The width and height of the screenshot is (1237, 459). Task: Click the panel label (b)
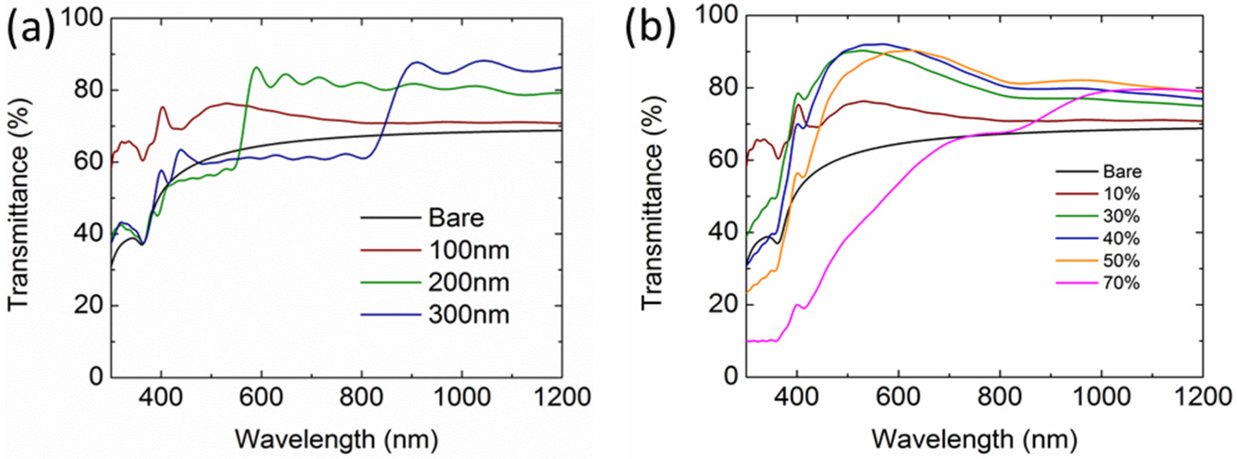coord(650,30)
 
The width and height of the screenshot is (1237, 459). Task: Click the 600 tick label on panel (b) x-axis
coord(898,397)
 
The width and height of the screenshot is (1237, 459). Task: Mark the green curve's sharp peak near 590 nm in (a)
coord(256,68)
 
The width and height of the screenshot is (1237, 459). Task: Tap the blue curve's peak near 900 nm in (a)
coord(416,63)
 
